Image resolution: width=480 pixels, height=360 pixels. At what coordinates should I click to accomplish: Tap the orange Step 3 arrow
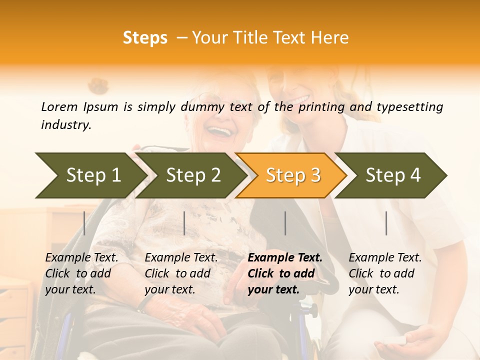pos(293,175)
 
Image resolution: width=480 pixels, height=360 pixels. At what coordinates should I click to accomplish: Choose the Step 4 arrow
pos(393,175)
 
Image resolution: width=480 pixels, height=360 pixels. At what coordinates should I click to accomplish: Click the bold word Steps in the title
pos(145,38)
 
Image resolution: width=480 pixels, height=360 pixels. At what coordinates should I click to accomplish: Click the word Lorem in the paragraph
pos(59,106)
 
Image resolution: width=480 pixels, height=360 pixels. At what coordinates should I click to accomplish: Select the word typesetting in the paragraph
pos(409,106)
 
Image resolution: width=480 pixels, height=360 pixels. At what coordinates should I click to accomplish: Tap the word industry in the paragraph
pos(66,124)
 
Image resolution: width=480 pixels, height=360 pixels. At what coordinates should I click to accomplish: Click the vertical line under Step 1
pos(84,223)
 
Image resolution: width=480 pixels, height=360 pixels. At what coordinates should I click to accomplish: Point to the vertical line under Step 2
pos(184,223)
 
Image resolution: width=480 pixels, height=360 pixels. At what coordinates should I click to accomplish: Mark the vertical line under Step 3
pos(285,223)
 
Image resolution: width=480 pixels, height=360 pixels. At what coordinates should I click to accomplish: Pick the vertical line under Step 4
pos(386,223)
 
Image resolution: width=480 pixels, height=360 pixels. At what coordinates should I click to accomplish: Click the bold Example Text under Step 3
pos(285,258)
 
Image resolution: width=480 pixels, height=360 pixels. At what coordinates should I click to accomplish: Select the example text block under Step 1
pos(81,273)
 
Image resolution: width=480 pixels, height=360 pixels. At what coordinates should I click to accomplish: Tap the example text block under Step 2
pos(181,273)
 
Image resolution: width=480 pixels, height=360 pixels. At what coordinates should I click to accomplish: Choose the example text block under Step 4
pos(385,273)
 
